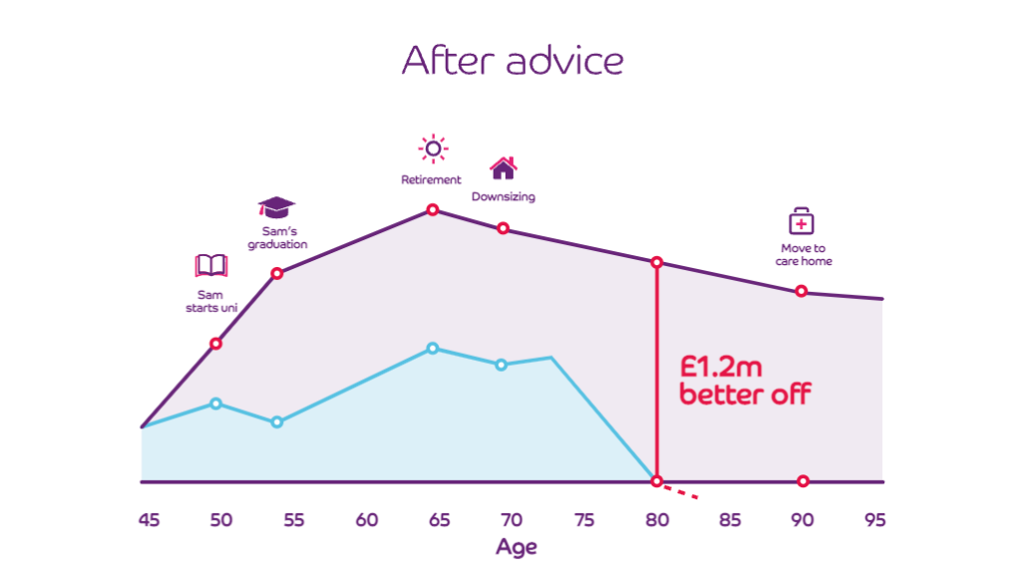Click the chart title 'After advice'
pos(512,61)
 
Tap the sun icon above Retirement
pos(433,149)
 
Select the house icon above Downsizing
pos(504,166)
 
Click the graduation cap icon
pos(276,207)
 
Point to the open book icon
pos(211,265)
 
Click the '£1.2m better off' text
pos(745,380)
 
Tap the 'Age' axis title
pos(515,547)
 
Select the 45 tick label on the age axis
pos(149,520)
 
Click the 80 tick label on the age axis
pos(656,520)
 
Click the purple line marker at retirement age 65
pos(433,209)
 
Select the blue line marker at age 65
pos(433,348)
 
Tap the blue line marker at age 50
pos(216,404)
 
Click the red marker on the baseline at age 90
pos(803,481)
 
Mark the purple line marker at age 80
pos(656,262)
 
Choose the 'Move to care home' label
pos(804,254)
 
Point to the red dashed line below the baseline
pos(681,490)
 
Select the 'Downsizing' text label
pos(504,197)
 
